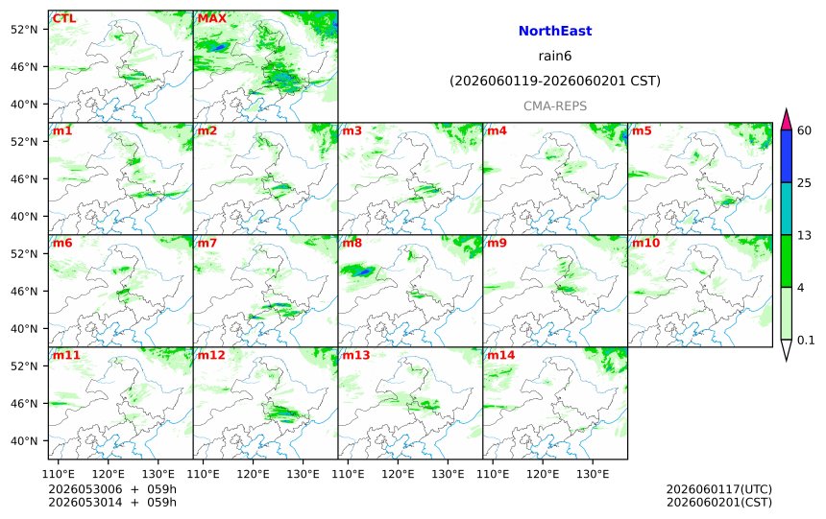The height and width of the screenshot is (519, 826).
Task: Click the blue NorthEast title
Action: click(555, 31)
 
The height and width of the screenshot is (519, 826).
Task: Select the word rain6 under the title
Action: click(555, 56)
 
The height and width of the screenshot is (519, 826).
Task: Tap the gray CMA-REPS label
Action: click(555, 106)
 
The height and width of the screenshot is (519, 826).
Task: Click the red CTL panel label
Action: click(63, 18)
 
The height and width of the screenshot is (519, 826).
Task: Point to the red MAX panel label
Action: click(211, 18)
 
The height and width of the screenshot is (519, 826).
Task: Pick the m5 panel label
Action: click(642, 130)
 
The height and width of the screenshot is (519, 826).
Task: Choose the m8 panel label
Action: click(352, 243)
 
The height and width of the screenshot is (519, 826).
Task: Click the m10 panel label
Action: click(645, 243)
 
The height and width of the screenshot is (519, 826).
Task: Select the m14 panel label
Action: click(500, 355)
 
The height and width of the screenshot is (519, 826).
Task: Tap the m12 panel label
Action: click(210, 355)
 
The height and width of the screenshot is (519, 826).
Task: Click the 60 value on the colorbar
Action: click(804, 130)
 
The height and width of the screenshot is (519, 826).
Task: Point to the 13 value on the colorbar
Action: click(804, 235)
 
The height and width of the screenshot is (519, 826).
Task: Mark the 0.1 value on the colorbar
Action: click(806, 340)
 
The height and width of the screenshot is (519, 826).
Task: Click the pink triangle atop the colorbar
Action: click(787, 121)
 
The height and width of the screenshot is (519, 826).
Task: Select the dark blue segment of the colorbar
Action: click(787, 156)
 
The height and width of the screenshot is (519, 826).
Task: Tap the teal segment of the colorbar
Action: click(787, 208)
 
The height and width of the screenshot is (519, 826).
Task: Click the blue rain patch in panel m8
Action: click(363, 272)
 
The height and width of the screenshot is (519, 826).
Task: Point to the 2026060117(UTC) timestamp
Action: click(719, 489)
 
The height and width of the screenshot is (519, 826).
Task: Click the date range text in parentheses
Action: click(555, 81)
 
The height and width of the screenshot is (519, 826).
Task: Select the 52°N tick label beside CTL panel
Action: click(24, 30)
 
